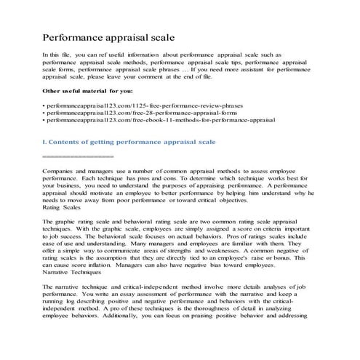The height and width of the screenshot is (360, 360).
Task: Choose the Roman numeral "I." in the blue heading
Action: tap(46, 140)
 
